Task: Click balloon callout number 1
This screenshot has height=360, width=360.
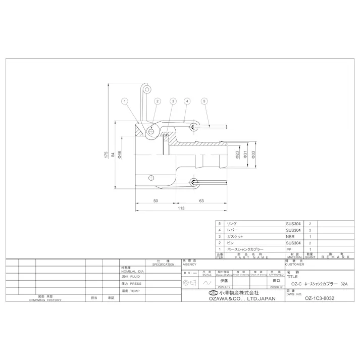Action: pyautogui.click(x=124, y=101)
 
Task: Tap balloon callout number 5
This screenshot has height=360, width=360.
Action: pyautogui.click(x=204, y=101)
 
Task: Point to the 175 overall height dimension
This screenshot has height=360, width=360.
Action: pyautogui.click(x=107, y=153)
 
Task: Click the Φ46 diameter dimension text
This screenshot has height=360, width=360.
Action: pyautogui.click(x=120, y=155)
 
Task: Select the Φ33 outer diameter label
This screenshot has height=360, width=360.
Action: pyautogui.click(x=253, y=155)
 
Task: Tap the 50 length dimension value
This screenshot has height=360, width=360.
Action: pyautogui.click(x=156, y=200)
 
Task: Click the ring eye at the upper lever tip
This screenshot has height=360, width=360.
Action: pyautogui.click(x=147, y=89)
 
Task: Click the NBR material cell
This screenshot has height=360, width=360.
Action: pyautogui.click(x=290, y=236)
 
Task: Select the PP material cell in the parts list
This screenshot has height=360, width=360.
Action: pyautogui.click(x=289, y=249)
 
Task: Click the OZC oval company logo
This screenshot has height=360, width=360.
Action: pyautogui.click(x=212, y=293)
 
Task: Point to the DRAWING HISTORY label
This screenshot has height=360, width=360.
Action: pyautogui.click(x=45, y=299)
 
